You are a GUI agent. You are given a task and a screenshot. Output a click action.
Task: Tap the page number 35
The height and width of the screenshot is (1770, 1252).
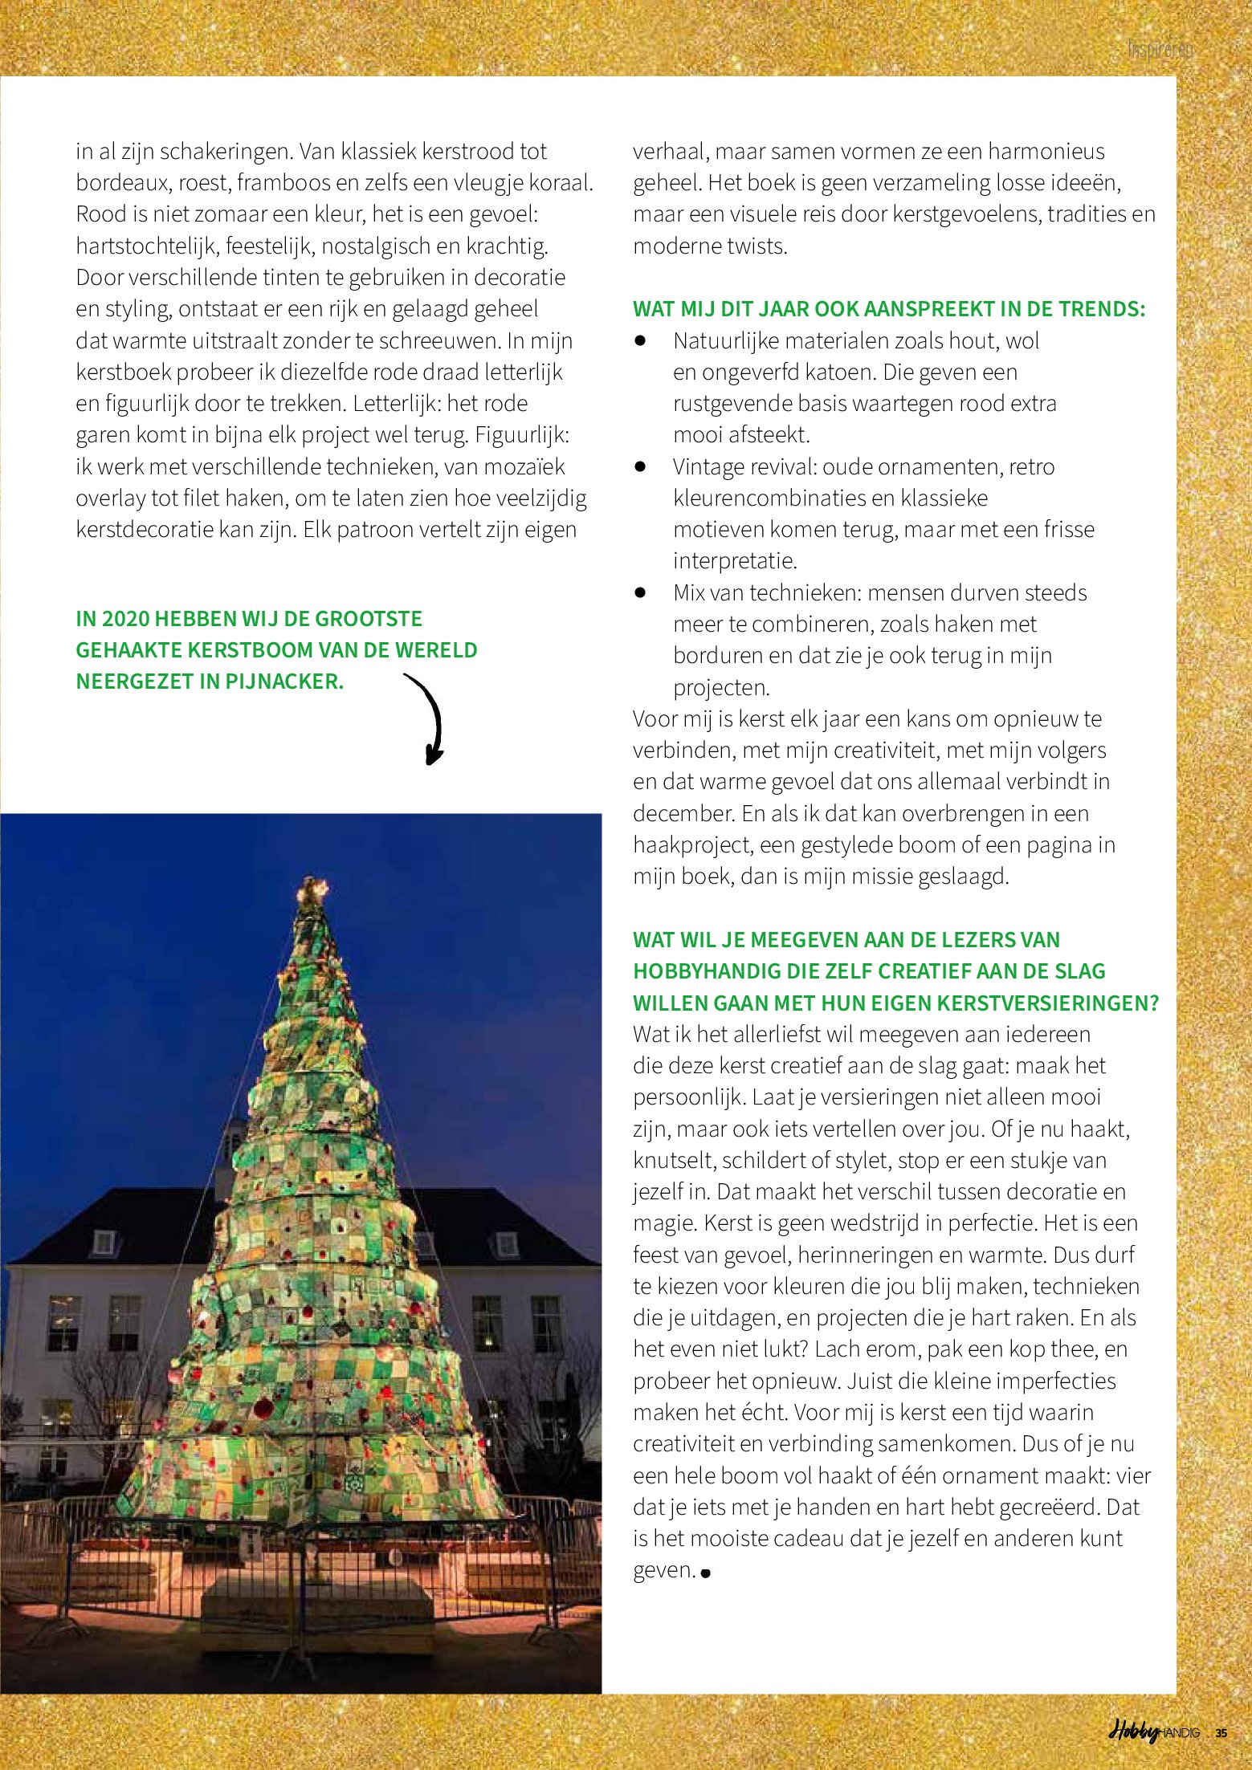point(1221,1733)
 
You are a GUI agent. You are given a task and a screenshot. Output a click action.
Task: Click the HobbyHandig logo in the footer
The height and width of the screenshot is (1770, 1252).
point(1154,1732)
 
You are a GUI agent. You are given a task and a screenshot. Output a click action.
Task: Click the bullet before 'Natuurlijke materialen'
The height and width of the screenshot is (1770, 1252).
point(640,340)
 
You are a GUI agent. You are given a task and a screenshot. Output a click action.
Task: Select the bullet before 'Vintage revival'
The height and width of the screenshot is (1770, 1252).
point(640,466)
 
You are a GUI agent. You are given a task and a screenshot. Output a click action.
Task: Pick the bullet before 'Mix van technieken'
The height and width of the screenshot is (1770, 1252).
point(640,592)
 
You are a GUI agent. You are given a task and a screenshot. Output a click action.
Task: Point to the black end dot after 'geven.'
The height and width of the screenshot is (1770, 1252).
point(705,1573)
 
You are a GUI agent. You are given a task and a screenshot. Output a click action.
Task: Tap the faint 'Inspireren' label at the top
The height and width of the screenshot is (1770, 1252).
point(1160,50)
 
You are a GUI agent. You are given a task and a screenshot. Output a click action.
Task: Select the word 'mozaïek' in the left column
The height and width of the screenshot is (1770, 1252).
point(524,466)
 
